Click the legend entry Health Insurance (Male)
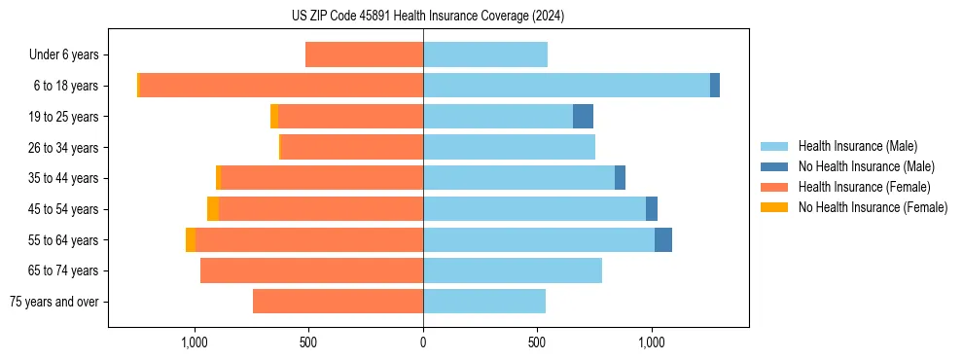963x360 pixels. point(856,146)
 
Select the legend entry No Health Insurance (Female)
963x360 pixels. point(873,207)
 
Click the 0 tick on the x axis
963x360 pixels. point(423,342)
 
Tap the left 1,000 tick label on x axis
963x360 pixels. point(195,342)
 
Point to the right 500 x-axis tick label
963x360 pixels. point(537,342)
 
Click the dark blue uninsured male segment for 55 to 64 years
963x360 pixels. point(663,239)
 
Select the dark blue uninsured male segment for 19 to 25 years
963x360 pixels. point(583,117)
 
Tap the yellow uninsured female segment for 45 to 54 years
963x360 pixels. point(213,209)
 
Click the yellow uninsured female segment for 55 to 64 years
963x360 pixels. point(191,239)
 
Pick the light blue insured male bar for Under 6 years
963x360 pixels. point(485,54)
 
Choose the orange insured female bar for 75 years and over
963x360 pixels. point(338,302)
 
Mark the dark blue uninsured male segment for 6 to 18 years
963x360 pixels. point(715,86)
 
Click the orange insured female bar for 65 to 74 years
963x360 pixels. point(311,270)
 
